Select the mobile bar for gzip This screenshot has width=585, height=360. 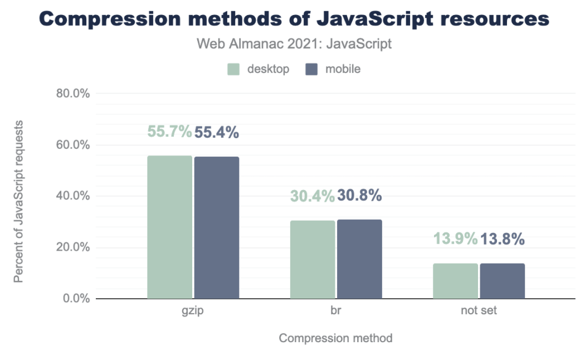(x=216, y=228)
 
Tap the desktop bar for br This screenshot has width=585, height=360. (x=313, y=260)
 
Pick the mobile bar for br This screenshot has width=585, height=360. (x=359, y=259)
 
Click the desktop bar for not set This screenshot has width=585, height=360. (x=455, y=281)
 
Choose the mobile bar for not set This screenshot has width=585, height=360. (x=502, y=281)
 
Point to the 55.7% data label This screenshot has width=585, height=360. (x=169, y=132)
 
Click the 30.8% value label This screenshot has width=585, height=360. (x=359, y=196)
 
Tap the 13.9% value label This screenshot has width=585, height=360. (x=455, y=239)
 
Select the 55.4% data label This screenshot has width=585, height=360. (x=217, y=132)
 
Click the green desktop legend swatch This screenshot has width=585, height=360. (x=233, y=70)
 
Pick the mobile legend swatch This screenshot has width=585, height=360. (x=311, y=70)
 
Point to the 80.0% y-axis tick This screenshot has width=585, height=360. (x=73, y=94)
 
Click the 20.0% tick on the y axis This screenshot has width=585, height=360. (x=73, y=247)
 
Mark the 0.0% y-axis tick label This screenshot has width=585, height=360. (x=76, y=299)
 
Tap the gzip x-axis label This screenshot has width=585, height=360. (x=193, y=311)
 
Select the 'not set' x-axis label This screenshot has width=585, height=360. (x=479, y=311)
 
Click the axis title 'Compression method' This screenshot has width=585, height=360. (x=335, y=338)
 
